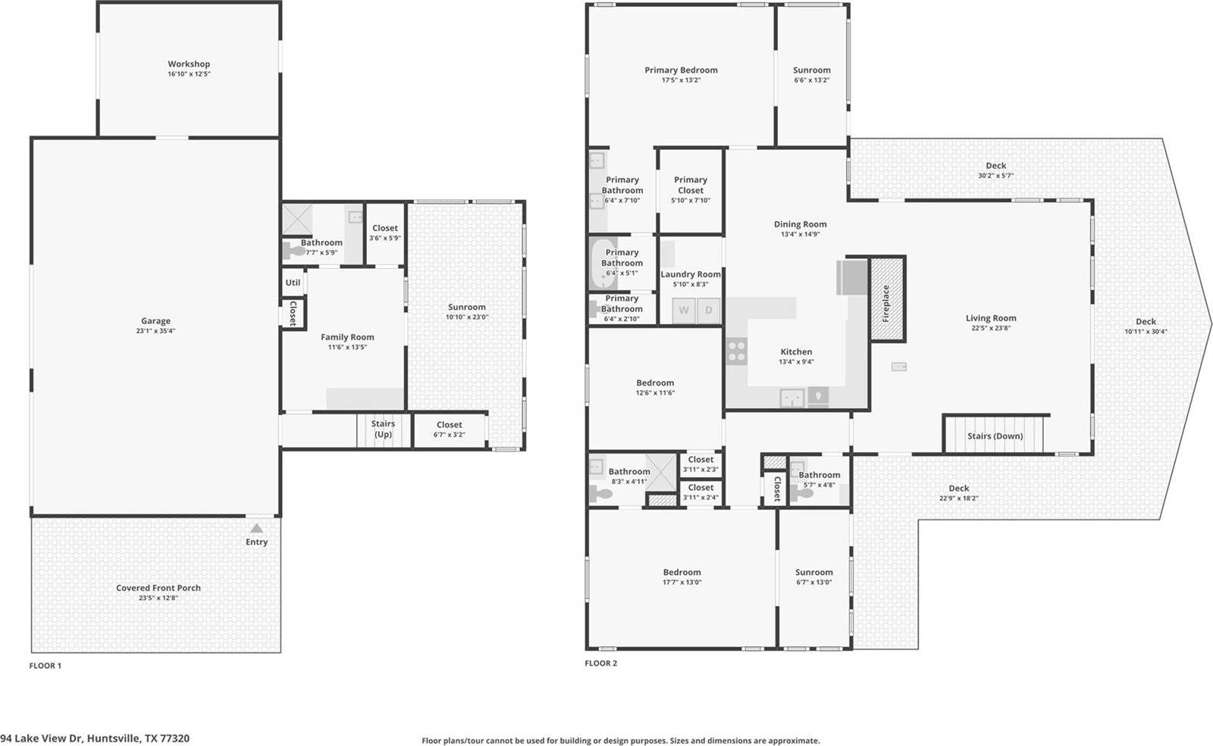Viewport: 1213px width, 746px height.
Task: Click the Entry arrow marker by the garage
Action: [256, 529]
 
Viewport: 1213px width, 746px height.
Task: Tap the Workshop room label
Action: [189, 64]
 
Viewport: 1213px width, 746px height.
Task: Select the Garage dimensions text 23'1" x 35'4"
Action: [155, 331]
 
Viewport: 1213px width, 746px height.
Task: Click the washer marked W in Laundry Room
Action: [684, 310]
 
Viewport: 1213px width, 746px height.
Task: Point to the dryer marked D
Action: [709, 310]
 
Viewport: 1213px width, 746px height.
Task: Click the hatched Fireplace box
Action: [886, 299]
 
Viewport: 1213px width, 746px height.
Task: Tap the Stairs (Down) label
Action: [995, 436]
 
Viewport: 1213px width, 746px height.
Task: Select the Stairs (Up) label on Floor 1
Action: [383, 429]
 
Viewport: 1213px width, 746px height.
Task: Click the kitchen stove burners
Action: [737, 351]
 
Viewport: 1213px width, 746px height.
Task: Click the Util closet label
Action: [293, 282]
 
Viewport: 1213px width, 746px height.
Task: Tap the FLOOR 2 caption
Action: [600, 663]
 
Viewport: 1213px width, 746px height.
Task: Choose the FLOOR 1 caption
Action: [45, 666]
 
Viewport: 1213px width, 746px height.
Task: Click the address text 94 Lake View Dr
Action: [95, 738]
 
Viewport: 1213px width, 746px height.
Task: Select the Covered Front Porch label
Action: [158, 588]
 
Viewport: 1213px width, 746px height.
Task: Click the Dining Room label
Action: [800, 224]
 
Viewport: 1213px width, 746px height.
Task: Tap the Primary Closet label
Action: [691, 185]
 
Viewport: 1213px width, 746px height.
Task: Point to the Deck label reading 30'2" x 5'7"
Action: [995, 176]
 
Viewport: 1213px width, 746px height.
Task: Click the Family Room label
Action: [347, 338]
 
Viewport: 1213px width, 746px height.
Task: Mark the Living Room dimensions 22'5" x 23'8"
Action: [991, 328]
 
